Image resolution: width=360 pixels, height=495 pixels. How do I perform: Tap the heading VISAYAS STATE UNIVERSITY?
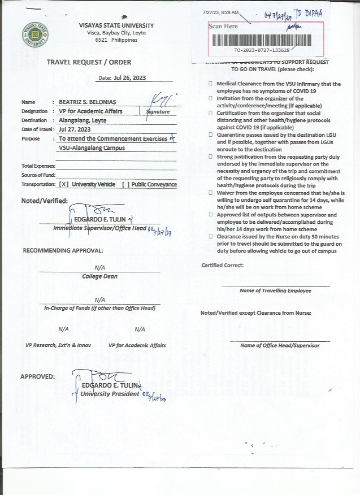pos(116,25)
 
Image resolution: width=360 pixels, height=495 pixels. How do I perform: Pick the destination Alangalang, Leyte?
pos(83,120)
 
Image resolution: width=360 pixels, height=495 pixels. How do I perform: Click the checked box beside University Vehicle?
pos(63,184)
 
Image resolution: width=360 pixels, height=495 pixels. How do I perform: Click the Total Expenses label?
pos(38,166)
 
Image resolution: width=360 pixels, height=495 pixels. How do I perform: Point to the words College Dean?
pos(99,276)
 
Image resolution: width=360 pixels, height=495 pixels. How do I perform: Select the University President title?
pos(110,394)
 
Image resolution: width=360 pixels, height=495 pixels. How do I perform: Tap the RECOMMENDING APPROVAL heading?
pos(63,250)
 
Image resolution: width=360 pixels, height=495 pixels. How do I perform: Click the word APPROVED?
pos(37,376)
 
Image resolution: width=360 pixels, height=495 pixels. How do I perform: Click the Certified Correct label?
pos(223,265)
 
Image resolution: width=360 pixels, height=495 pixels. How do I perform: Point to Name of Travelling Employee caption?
pos(275,290)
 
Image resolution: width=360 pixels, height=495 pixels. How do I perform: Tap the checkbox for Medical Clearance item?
pos(210,84)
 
